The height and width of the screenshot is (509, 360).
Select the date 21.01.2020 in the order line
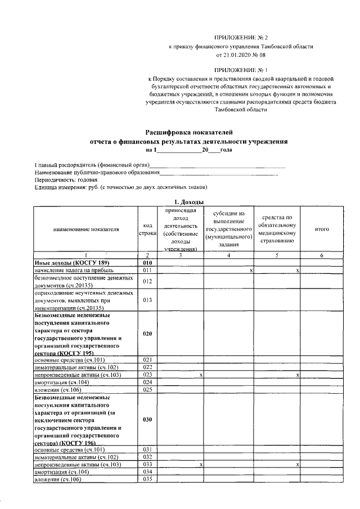[238, 56]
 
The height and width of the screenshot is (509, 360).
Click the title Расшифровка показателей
[185, 132]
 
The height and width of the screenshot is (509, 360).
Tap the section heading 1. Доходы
[186, 201]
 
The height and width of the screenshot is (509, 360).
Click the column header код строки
[147, 229]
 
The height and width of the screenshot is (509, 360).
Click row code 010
[147, 263]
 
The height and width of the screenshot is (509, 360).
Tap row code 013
[147, 300]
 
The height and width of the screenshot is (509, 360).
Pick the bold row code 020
[147, 334]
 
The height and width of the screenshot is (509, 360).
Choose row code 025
[147, 389]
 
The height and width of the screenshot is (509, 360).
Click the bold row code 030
[147, 420]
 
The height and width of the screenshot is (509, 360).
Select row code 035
[147, 479]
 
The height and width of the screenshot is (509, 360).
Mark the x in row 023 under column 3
[201, 375]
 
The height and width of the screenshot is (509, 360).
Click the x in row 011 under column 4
[251, 271]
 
